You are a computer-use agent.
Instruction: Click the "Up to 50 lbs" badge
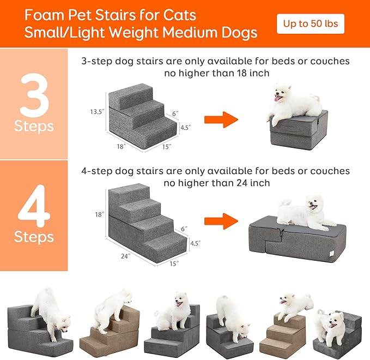(x=311, y=24)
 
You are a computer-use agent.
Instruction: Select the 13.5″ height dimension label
(x=97, y=111)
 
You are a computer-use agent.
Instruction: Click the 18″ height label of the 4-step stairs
(x=99, y=215)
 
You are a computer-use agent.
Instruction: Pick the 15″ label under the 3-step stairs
(x=167, y=146)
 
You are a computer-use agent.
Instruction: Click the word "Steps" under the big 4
(x=34, y=237)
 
